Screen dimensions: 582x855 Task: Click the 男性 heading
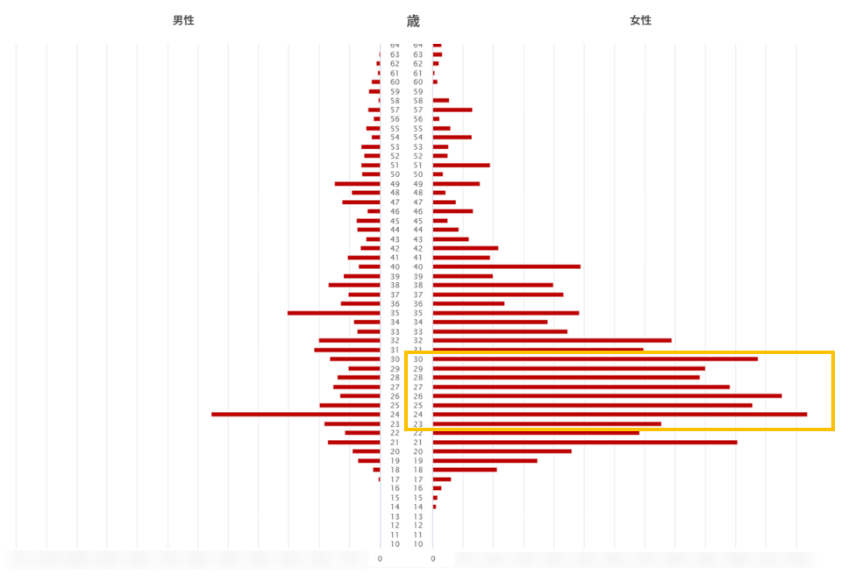pos(183,20)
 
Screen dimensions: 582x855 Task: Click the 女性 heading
pos(641,20)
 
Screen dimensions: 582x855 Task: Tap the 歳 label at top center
pos(413,22)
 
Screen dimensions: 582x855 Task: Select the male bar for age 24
pos(296,415)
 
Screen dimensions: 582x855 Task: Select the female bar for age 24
pos(620,415)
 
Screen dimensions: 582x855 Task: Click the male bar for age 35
pos(333,313)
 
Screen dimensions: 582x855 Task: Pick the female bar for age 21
pos(585,442)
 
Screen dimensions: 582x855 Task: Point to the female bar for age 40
pos(507,266)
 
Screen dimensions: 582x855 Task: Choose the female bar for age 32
pos(552,340)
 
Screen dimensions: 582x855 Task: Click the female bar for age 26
pos(607,396)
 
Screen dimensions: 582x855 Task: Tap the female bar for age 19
pos(485,460)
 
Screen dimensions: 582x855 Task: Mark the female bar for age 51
pos(461,165)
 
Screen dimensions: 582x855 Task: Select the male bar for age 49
pos(357,183)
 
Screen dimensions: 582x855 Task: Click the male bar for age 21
pos(353,442)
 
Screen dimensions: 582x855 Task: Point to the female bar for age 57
pos(452,110)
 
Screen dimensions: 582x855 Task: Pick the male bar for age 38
pos(354,285)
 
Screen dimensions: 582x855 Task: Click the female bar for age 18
pos(465,470)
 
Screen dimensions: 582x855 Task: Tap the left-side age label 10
pos(395,544)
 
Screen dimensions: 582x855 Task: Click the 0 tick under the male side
pos(380,558)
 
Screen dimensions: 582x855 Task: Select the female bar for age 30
pos(595,358)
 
